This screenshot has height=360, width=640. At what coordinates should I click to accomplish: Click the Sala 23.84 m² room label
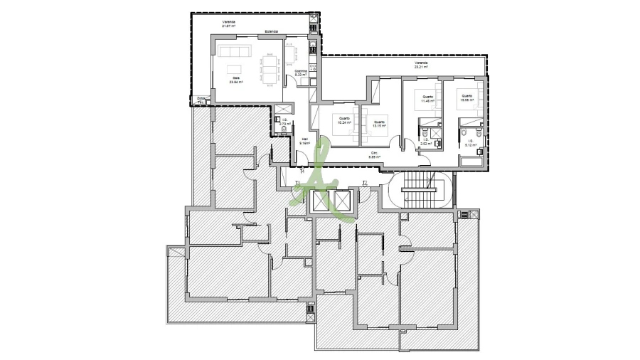pyautogui.click(x=236, y=80)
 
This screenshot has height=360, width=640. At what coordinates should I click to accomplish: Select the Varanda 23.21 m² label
pyautogui.click(x=422, y=65)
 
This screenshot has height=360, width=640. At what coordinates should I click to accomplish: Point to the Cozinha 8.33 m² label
pyautogui.click(x=301, y=73)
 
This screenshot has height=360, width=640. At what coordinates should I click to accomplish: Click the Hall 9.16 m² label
pyautogui.click(x=304, y=141)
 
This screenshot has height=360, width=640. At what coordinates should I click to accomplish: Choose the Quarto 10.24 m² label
pyautogui.click(x=343, y=120)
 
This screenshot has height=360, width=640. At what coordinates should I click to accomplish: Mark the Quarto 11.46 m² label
pyautogui.click(x=427, y=99)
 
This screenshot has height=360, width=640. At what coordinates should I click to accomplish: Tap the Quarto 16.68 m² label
pyautogui.click(x=466, y=98)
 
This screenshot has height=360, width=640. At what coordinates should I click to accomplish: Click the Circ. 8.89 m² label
pyautogui.click(x=374, y=156)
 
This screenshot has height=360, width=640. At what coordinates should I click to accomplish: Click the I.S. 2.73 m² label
pyautogui.click(x=284, y=122)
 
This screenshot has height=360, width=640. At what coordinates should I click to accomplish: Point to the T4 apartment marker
pyautogui.click(x=302, y=171)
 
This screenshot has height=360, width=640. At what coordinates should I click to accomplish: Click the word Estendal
pyautogui.click(x=271, y=31)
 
